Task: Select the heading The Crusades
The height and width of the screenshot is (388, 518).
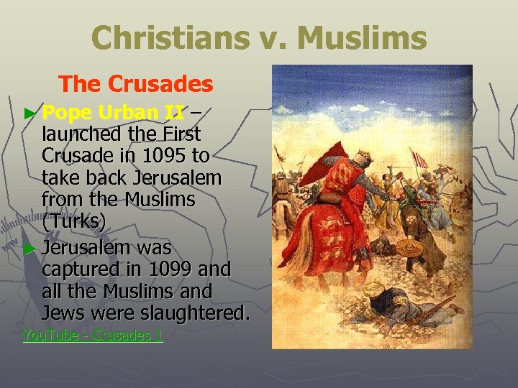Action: tap(136, 84)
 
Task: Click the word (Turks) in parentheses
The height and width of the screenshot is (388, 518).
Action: tap(74, 222)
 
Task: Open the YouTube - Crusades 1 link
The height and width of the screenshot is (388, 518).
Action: tap(93, 335)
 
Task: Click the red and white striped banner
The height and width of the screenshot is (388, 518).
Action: tap(418, 158)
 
